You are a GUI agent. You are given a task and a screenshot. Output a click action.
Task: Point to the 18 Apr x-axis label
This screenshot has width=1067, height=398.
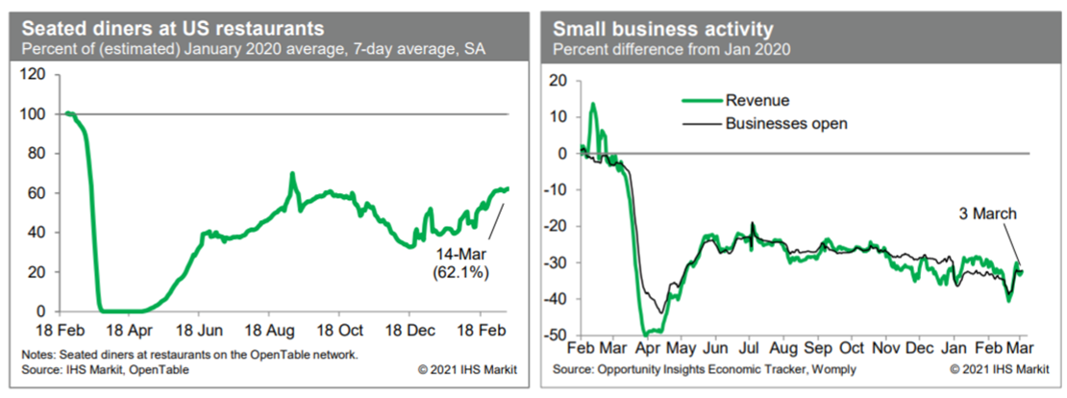coord(128,328)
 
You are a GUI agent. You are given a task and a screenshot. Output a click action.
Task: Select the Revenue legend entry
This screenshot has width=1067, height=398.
coord(757,100)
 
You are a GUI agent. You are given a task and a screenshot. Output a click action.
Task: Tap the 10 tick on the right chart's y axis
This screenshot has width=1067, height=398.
coord(557,116)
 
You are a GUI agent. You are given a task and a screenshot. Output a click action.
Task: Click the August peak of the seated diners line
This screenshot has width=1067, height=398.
coord(290,175)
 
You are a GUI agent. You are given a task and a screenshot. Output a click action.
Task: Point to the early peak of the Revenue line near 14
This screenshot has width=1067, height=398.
coord(593,104)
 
